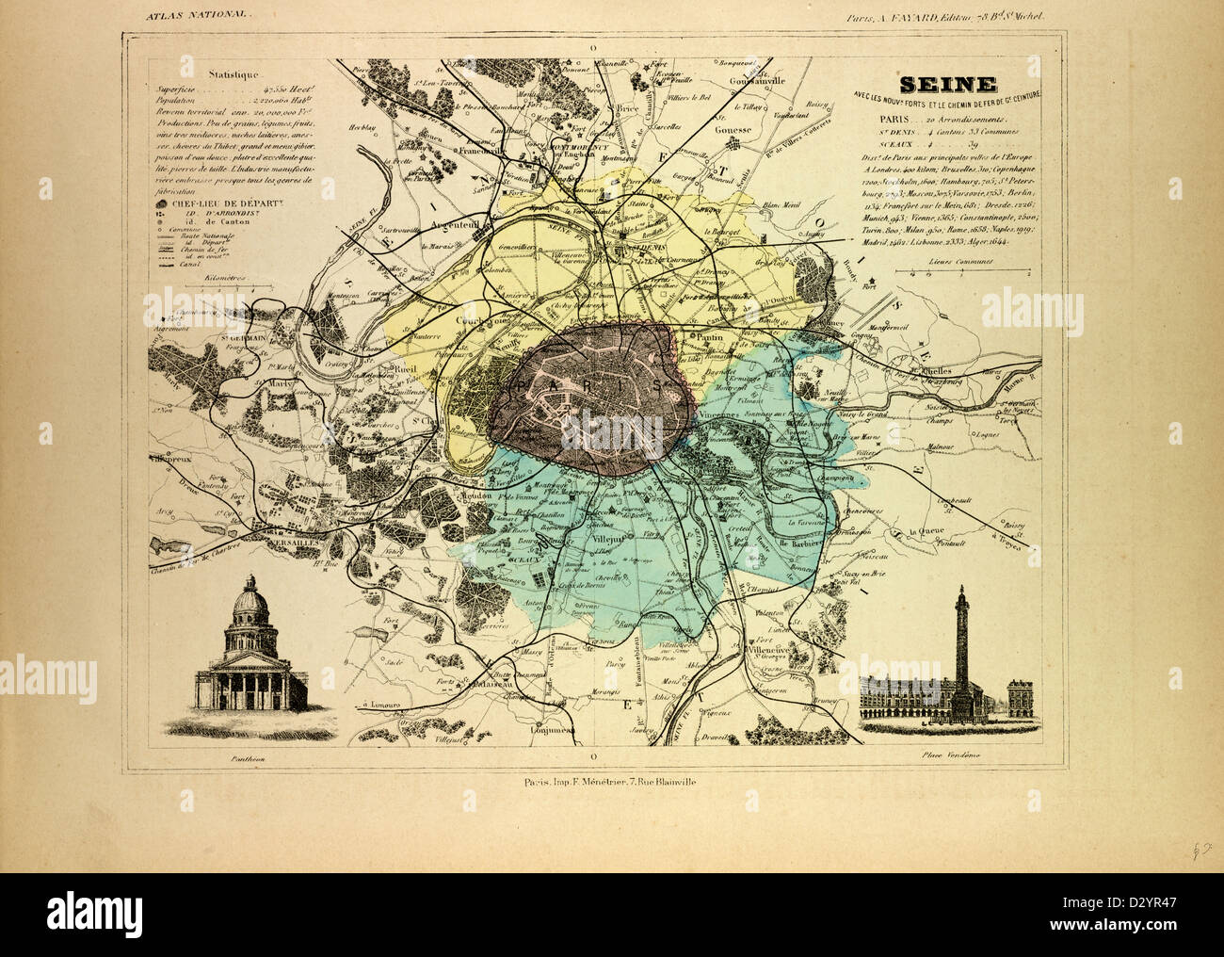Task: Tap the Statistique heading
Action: point(232,73)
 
